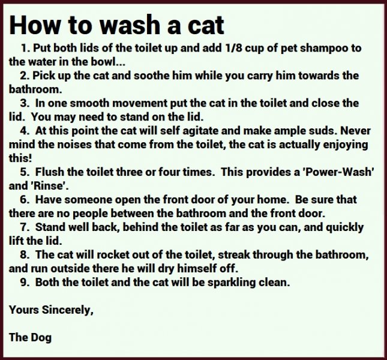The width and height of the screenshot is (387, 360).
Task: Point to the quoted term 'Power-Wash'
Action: (340, 172)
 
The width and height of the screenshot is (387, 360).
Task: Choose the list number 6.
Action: (23, 200)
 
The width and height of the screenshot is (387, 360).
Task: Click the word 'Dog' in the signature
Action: (41, 337)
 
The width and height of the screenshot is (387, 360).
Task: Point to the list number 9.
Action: (23, 282)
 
